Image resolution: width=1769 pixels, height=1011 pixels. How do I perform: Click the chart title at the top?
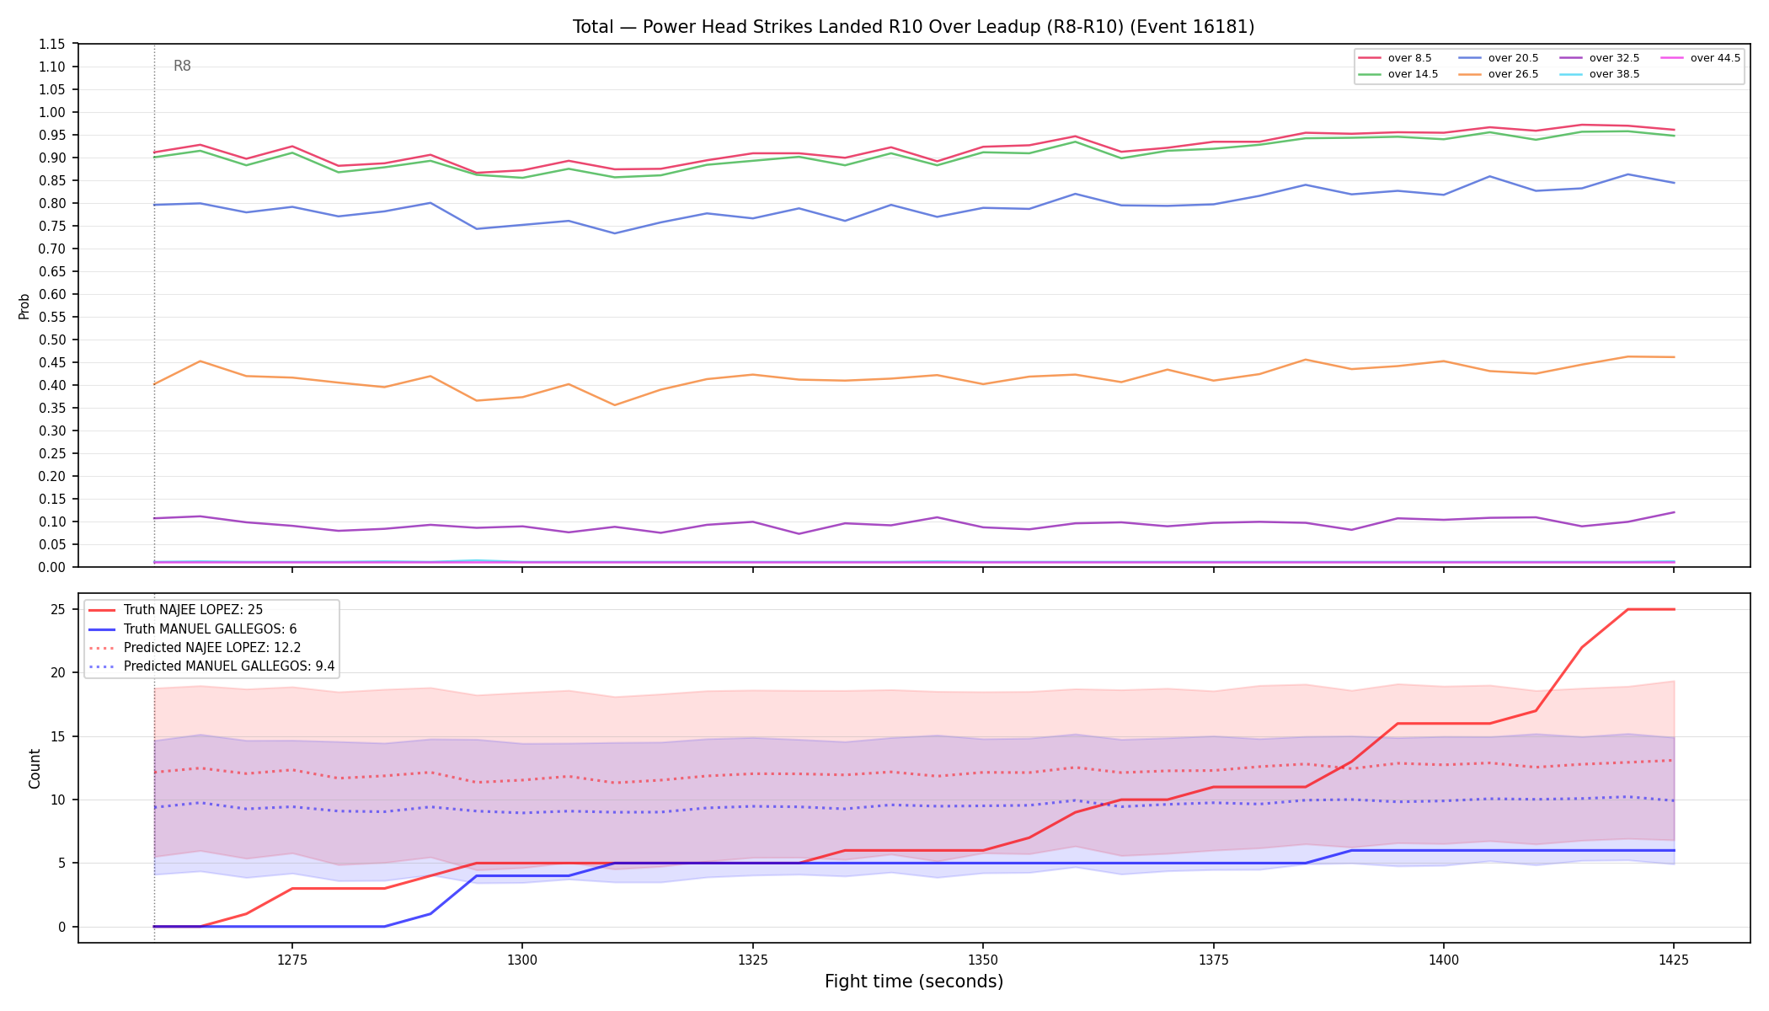click(913, 27)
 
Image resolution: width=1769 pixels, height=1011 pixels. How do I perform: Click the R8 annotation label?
click(182, 66)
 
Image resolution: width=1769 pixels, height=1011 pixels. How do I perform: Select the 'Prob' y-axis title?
click(24, 306)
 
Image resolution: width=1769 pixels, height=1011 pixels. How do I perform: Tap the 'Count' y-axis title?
click(35, 768)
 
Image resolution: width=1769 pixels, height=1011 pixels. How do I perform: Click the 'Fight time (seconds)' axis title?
click(914, 982)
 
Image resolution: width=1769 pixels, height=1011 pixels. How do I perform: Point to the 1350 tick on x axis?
click(983, 959)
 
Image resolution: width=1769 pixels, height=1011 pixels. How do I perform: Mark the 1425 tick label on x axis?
click(1674, 959)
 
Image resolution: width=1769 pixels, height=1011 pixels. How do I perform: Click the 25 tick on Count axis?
click(59, 609)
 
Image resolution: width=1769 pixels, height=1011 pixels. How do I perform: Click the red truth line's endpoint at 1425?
click(1674, 609)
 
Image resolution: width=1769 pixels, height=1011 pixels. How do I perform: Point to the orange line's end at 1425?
click(1674, 357)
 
